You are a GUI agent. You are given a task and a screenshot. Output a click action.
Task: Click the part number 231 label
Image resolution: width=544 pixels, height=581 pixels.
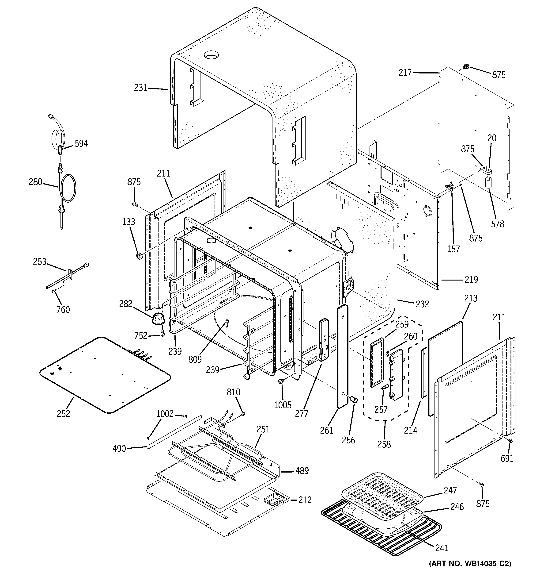pos(140,88)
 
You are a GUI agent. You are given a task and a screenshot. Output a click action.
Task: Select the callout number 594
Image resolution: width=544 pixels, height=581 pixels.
pos(81,143)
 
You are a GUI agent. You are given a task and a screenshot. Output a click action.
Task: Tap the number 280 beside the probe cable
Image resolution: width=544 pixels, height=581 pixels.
pos(35,182)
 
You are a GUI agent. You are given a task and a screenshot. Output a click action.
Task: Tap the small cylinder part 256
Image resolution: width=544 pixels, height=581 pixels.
pos(354,399)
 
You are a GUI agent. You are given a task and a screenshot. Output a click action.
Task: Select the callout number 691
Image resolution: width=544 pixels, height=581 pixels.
pos(507,458)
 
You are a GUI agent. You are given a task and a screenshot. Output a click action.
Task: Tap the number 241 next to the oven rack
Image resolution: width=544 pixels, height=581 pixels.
pos(442,547)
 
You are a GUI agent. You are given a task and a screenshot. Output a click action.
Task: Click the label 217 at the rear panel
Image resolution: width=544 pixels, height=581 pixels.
pos(405,73)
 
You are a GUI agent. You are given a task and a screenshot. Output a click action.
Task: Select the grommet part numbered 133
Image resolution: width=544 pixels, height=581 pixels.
pos(139,256)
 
